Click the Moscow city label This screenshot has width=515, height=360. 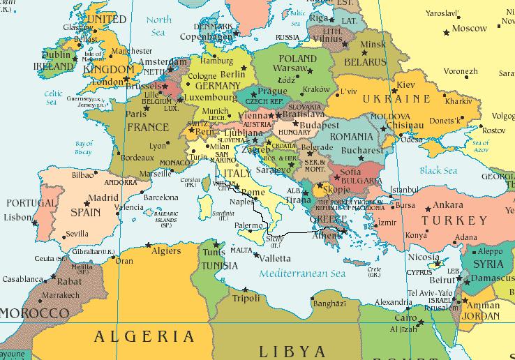pyautogui.click(x=469, y=29)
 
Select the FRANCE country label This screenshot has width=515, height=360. pyautogui.click(x=147, y=127)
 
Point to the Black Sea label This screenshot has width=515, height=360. pyautogui.click(x=438, y=171)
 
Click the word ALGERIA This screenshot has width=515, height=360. pyautogui.click(x=144, y=336)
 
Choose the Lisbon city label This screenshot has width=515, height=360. pyautogui.click(x=18, y=217)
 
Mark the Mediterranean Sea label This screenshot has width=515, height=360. pyautogui.click(x=302, y=274)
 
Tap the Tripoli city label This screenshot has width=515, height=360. pyautogui.click(x=246, y=299)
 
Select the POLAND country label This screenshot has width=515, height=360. pyautogui.click(x=297, y=59)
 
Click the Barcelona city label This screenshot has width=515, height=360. pyautogui.click(x=161, y=197)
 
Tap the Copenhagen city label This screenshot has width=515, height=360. pyautogui.click(x=204, y=36)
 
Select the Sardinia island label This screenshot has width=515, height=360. pyautogui.click(x=223, y=213)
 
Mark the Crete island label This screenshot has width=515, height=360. pyautogui.click(x=374, y=270)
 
